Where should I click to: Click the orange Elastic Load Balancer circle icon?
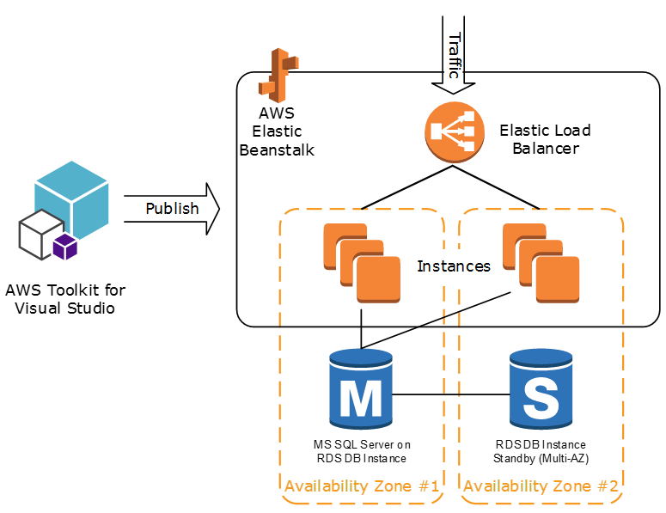click(x=455, y=132)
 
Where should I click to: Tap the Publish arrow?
click(x=172, y=209)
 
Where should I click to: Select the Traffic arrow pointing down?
click(x=453, y=55)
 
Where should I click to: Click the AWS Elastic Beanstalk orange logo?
click(x=278, y=75)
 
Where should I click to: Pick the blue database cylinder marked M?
click(x=361, y=389)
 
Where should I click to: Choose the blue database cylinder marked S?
click(x=541, y=389)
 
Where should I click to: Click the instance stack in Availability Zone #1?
click(x=362, y=263)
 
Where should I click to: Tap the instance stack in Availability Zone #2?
click(x=541, y=263)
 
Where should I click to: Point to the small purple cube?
click(x=65, y=247)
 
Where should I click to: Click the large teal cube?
click(x=72, y=198)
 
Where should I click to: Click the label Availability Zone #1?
click(x=362, y=486)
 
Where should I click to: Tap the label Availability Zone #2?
click(x=541, y=486)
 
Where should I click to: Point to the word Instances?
click(x=454, y=266)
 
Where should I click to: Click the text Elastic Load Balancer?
click(x=546, y=139)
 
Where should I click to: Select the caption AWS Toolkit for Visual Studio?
click(x=65, y=299)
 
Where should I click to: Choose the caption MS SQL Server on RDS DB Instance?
click(x=362, y=451)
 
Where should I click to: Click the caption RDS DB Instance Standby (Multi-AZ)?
click(x=541, y=451)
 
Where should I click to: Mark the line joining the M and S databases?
click(x=451, y=394)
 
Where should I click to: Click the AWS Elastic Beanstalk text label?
click(x=277, y=131)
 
